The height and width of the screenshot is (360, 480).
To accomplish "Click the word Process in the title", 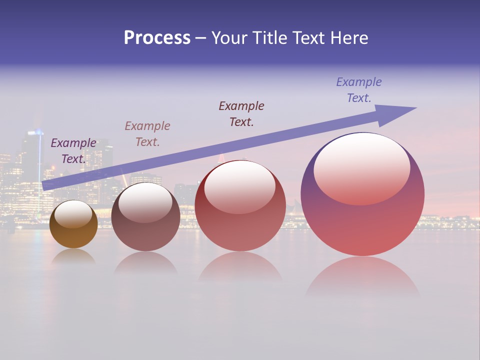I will click(157, 38).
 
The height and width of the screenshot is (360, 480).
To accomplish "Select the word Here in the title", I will click(349, 38).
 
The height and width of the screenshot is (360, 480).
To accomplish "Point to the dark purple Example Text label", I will click(73, 150).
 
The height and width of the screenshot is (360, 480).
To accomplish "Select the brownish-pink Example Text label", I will click(147, 133).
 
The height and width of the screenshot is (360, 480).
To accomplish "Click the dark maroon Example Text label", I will click(241, 113).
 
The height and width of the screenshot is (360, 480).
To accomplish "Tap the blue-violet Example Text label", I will click(359, 89).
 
